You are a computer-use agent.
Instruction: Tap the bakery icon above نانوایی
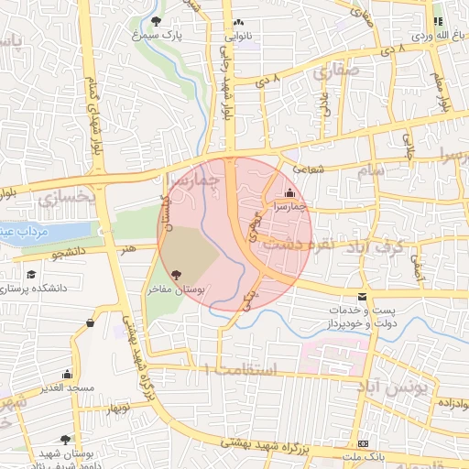click(238, 23)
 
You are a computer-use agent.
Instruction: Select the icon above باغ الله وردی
click(438, 20)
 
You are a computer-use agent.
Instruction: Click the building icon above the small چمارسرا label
click(290, 192)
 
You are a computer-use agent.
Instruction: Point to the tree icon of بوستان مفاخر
click(176, 274)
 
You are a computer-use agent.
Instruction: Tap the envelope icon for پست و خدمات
click(363, 298)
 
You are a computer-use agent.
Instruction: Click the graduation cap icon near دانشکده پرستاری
click(31, 274)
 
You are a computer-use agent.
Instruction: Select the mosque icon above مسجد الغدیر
click(66, 374)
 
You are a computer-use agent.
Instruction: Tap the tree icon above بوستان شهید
click(64, 441)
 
